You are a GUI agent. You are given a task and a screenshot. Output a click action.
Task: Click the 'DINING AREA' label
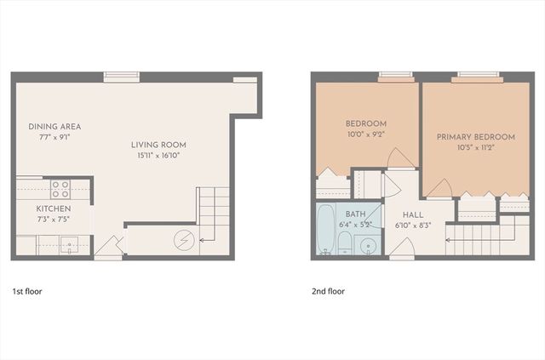click(54, 127)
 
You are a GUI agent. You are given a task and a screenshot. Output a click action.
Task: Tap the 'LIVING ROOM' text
click(158, 144)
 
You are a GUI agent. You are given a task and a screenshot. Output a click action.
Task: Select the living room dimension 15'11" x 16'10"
click(158, 155)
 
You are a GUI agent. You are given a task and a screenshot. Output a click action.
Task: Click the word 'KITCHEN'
click(53, 209)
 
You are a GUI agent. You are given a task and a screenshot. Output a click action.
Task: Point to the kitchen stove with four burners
click(60, 188)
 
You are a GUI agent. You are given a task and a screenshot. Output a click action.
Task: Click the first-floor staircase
click(214, 212)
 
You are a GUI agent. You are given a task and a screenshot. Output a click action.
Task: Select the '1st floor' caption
click(27, 291)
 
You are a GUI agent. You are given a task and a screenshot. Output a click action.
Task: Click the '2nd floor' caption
click(328, 291)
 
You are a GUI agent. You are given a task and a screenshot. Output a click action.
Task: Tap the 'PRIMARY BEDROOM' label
click(476, 137)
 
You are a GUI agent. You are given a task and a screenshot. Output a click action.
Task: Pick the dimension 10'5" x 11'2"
click(476, 147)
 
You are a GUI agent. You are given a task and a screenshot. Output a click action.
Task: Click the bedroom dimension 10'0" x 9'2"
click(366, 134)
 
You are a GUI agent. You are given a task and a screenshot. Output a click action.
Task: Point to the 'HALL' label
click(413, 215)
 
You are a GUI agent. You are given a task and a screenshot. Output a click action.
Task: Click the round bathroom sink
click(367, 244)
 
